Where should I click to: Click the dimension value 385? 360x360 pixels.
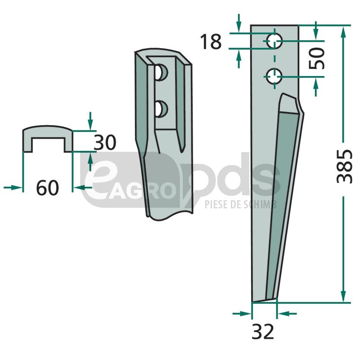[344, 166]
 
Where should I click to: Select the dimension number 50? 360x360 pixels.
[317, 58]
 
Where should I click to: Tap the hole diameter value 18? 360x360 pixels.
[211, 41]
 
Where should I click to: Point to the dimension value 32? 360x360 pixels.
[263, 332]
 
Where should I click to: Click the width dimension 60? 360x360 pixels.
[48, 188]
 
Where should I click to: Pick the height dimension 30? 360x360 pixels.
[105, 143]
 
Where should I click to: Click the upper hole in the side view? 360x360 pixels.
[274, 41]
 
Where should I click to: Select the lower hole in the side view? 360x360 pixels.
[274, 76]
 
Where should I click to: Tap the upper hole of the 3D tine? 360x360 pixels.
[161, 73]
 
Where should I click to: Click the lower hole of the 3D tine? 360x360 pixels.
[161, 109]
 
